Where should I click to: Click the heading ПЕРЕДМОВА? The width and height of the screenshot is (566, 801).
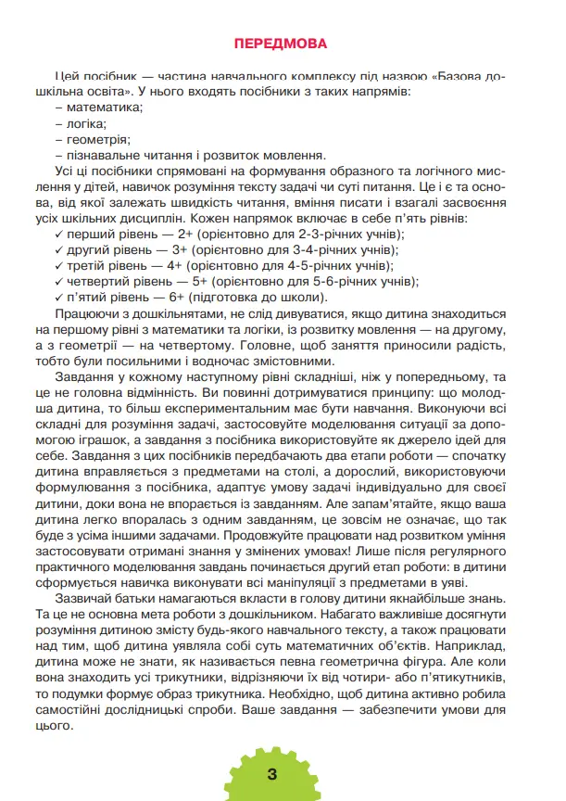(283, 44)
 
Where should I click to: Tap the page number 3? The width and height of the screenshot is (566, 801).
(271, 775)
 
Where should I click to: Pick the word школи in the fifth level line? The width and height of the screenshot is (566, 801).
(296, 298)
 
